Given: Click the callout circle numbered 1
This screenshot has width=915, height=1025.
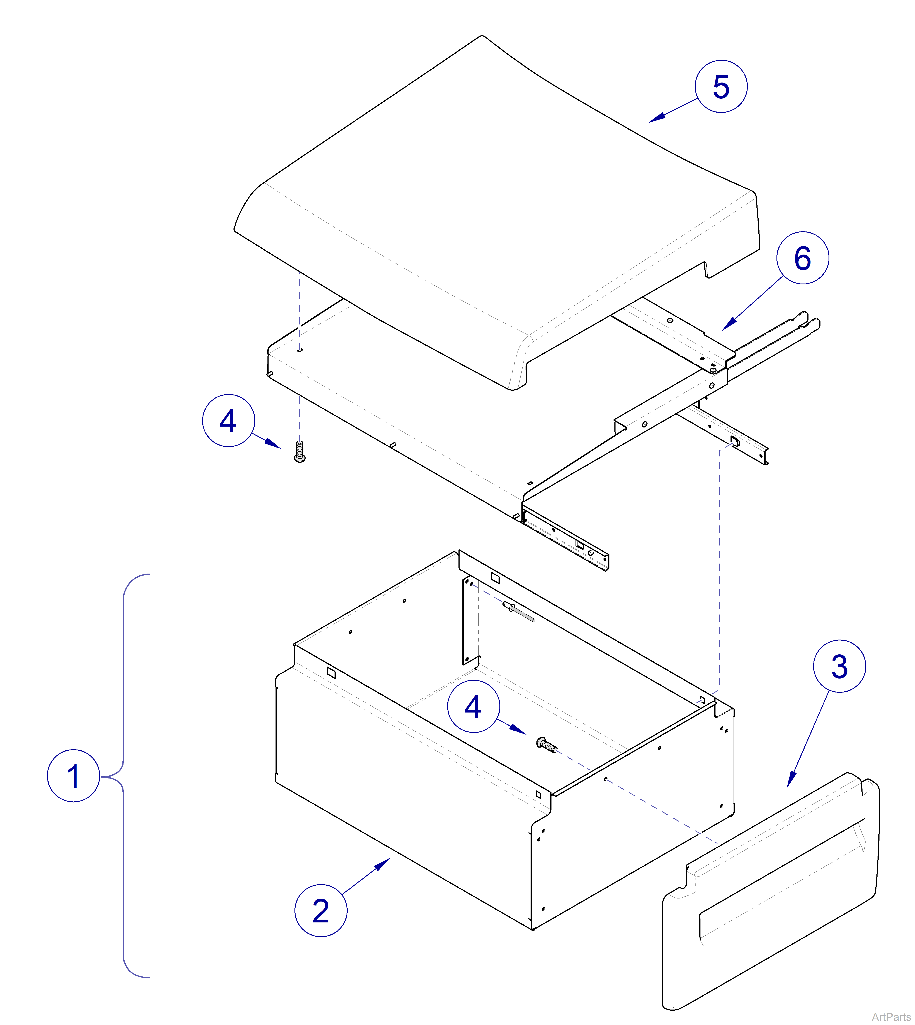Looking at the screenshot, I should click(73, 776).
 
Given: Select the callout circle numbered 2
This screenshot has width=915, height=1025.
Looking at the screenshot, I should click(321, 910).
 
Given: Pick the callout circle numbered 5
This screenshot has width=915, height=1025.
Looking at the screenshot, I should click(721, 86).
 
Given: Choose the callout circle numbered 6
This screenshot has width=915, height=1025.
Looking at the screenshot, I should click(802, 258).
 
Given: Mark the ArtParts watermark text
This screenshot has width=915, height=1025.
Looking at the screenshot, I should click(891, 1017).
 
